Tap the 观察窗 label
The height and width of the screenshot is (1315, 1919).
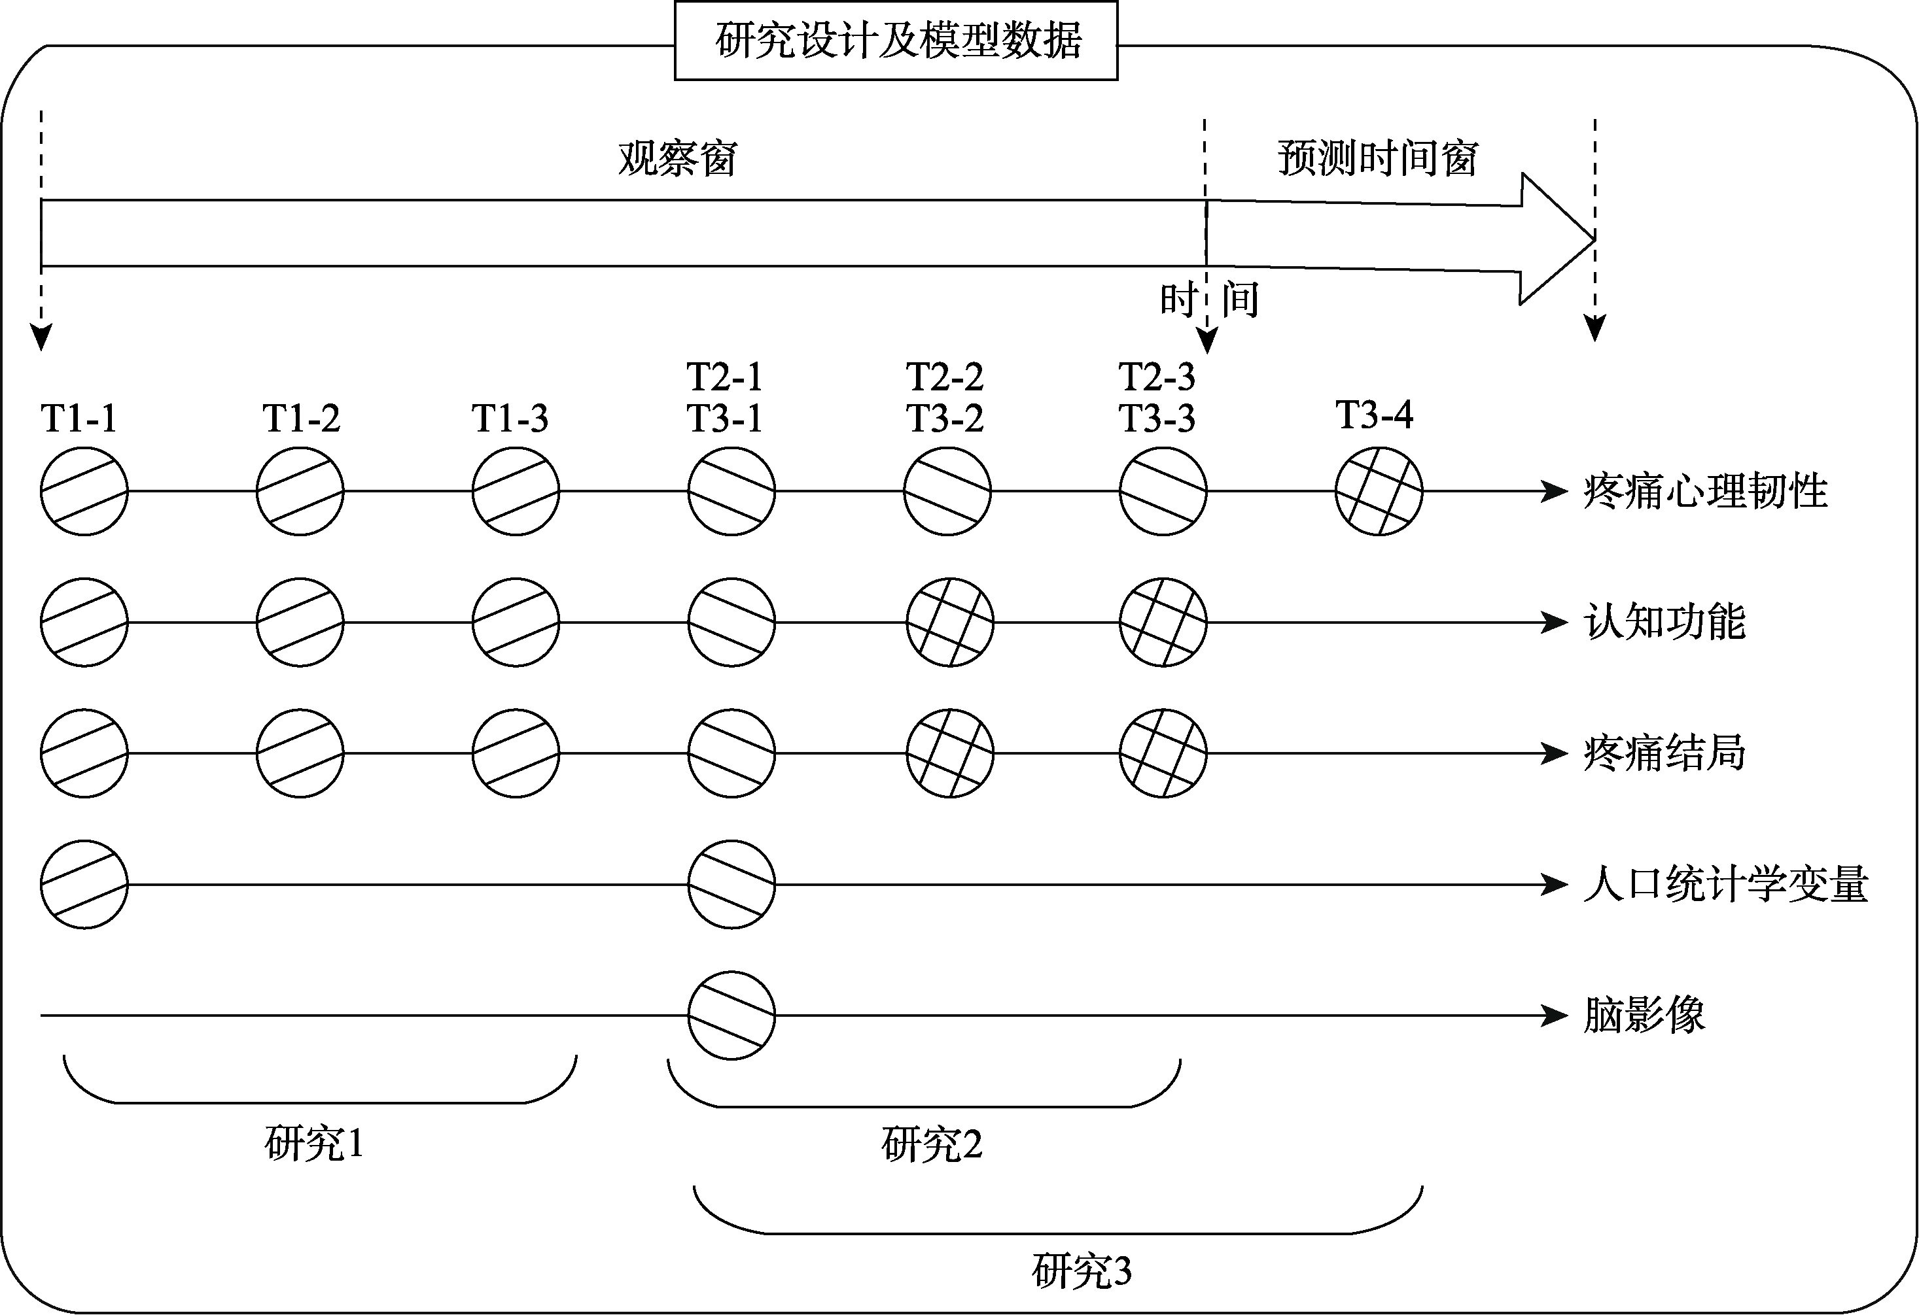[x=677, y=158]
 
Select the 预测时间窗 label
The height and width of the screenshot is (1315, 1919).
[x=1377, y=158]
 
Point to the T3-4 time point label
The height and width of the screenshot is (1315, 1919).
[x=1374, y=415]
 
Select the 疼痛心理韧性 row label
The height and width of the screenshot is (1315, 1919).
[x=1704, y=491]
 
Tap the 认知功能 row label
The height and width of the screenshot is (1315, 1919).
[x=1664, y=622]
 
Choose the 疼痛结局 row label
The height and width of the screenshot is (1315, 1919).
[x=1664, y=753]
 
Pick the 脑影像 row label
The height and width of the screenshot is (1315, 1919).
[x=1643, y=1016]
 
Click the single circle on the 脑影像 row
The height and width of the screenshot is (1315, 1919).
[x=731, y=1016]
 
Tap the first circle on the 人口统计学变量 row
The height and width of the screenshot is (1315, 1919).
[x=84, y=884]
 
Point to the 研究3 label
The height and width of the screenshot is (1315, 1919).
[x=1082, y=1271]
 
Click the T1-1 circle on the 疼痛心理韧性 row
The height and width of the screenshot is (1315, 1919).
[x=84, y=491]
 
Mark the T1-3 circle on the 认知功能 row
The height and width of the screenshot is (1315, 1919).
[x=516, y=622]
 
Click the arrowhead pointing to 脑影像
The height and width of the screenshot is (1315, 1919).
[x=1554, y=1016]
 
